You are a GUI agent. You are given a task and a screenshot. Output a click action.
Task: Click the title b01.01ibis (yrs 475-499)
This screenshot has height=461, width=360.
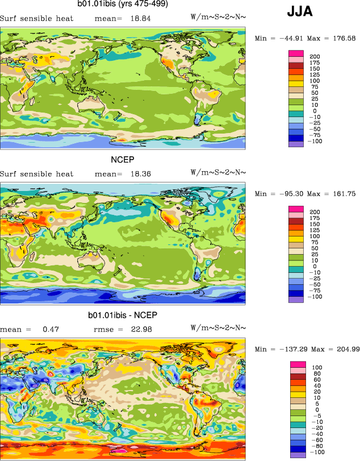pyautogui.click(x=122, y=4)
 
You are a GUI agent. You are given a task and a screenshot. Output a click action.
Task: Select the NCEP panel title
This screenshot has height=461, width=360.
pyautogui.click(x=122, y=160)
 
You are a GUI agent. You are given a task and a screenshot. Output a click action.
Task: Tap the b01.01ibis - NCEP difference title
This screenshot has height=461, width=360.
pyautogui.click(x=122, y=315)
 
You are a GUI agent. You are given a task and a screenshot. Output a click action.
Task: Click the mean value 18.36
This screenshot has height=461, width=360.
pyautogui.click(x=140, y=173)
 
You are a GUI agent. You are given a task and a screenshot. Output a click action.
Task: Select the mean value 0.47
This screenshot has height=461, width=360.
pyautogui.click(x=50, y=329)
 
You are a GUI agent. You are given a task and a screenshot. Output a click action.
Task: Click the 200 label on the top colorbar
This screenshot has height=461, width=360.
pyautogui.click(x=315, y=56)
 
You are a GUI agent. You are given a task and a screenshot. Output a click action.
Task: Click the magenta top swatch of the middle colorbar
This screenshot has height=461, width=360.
pyautogui.click(x=297, y=209)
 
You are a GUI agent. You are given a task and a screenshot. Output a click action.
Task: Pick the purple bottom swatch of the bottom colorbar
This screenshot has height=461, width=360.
pyautogui.click(x=298, y=455)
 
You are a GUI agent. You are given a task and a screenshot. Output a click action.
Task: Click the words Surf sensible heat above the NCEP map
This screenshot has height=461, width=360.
pyautogui.click(x=36, y=173)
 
